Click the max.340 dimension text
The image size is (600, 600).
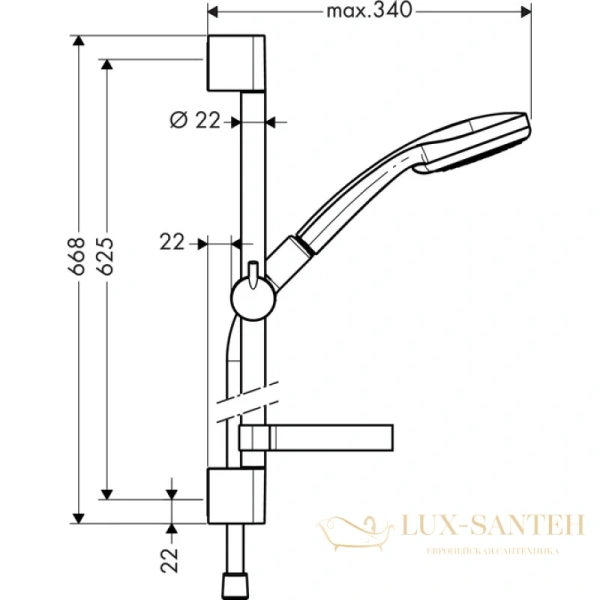pos(369,11)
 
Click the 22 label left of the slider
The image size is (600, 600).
pos(173,241)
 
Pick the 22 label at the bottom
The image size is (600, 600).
pos(171,555)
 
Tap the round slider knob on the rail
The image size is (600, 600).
pos(251,296)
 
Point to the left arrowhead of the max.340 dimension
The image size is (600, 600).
pos(213,11)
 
